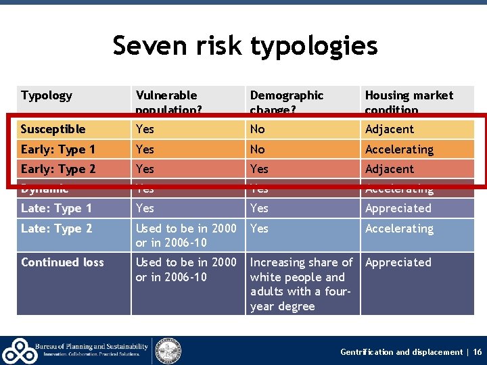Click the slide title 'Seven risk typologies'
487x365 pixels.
(245, 46)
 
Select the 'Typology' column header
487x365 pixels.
(47, 95)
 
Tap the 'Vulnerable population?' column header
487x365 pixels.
(166, 102)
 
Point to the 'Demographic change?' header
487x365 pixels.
(287, 102)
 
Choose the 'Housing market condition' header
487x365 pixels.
(409, 102)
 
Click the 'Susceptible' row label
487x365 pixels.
(53, 129)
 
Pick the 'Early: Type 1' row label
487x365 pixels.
(58, 149)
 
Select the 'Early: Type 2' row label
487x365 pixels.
(58, 169)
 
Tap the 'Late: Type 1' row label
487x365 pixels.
(57, 209)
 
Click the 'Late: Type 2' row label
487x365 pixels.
(57, 228)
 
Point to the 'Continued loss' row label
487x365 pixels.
(62, 262)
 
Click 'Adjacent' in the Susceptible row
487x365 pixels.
(389, 129)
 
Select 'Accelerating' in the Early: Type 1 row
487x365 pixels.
(399, 149)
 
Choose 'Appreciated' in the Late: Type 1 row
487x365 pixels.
(398, 209)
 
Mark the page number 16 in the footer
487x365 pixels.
(478, 352)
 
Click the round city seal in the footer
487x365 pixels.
(168, 349)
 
